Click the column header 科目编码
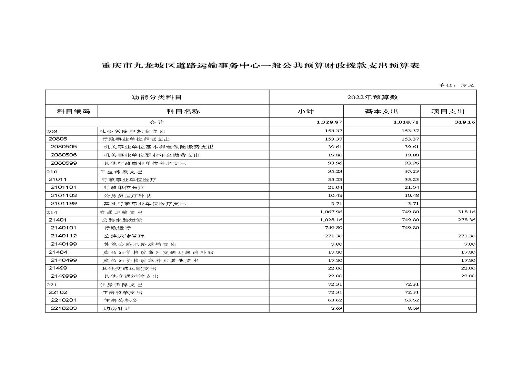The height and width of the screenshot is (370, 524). point(73,111)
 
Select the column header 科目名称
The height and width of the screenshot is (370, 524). point(183,111)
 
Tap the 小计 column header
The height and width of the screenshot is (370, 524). point(306,111)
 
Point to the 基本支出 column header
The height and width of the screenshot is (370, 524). point(381,111)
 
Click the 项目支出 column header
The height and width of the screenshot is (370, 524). point(448,111)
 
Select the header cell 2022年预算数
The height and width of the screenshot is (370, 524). point(372,97)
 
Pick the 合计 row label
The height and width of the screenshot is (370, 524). point(157,122)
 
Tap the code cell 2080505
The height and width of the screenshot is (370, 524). point(64,147)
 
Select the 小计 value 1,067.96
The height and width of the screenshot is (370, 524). point(331,212)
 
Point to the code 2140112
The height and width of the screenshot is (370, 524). point(64,236)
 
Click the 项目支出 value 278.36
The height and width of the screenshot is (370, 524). point(466,220)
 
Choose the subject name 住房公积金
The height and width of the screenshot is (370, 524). point(119,300)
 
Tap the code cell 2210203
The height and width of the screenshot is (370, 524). point(64,308)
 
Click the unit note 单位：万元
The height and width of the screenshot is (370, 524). point(456,85)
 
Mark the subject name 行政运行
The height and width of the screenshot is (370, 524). point(117,228)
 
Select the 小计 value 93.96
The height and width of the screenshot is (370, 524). point(335,163)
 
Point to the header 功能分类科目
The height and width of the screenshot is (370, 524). point(157,97)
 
